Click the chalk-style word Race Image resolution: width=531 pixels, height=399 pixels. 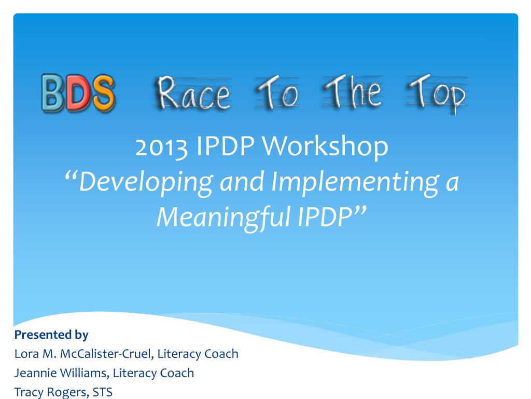tap(193, 93)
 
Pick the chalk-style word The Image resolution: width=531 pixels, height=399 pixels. tap(353, 92)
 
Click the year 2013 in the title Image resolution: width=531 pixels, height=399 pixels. tap(161, 147)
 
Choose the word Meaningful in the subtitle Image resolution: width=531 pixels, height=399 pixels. tap(224, 218)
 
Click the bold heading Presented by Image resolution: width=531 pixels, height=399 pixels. tap(51, 335)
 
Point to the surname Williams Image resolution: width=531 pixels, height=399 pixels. tap(82, 373)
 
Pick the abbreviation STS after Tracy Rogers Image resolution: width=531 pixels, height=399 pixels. tap(102, 392)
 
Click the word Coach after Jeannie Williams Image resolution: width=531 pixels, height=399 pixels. tap(177, 373)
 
